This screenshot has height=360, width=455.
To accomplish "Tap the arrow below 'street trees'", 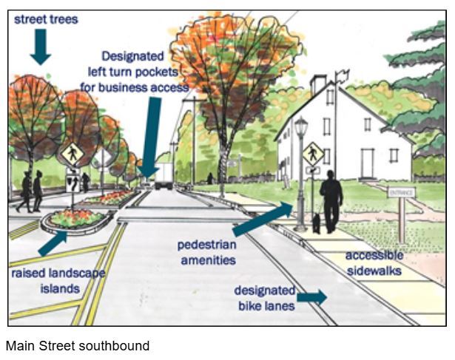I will tap(41, 47).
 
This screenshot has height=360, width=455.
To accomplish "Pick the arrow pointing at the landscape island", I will tap(52, 244).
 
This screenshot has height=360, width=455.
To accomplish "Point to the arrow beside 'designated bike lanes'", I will tap(311, 297).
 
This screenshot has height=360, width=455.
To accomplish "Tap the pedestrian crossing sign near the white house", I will tap(313, 154).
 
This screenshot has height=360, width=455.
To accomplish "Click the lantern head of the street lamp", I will tap(300, 129).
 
